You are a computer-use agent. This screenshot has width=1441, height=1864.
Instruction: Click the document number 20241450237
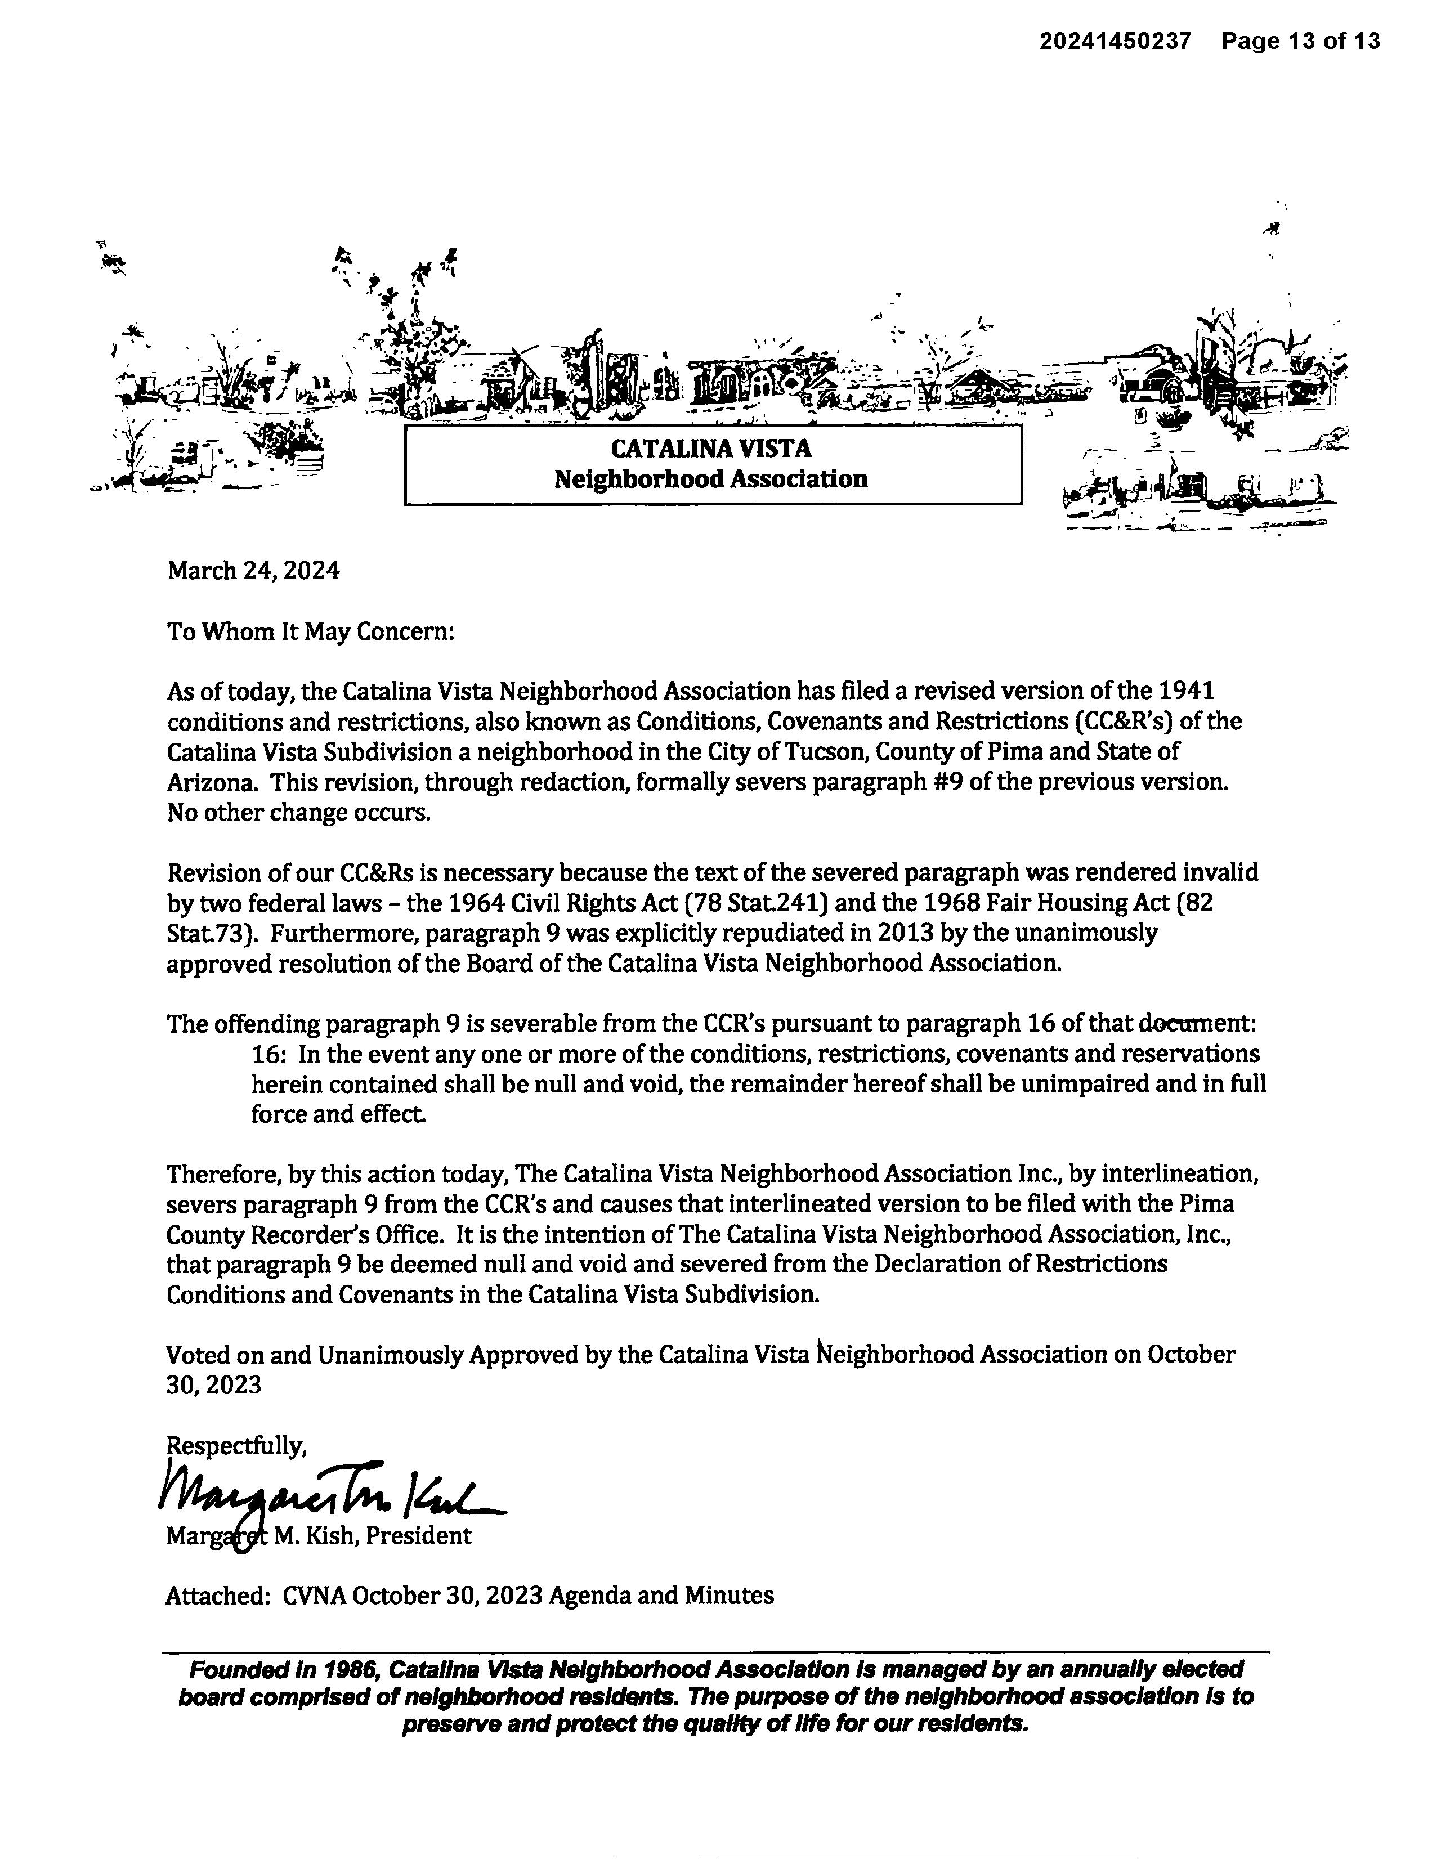coord(1115,41)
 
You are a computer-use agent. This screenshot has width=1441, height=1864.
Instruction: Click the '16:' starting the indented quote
coord(268,1054)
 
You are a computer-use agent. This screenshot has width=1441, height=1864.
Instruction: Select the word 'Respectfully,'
coord(236,1446)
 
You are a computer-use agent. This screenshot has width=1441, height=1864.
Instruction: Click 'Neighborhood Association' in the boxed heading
coord(711,479)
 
